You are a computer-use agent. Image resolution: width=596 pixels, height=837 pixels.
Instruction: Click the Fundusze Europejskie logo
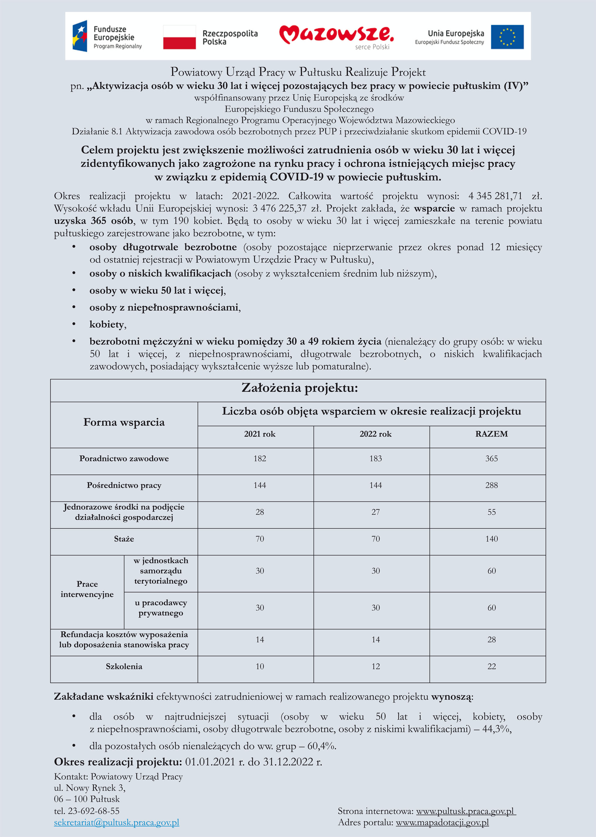(x=107, y=36)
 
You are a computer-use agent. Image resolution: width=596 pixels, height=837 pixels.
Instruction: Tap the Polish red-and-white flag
(x=180, y=37)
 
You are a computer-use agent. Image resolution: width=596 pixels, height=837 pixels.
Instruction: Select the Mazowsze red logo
(x=336, y=36)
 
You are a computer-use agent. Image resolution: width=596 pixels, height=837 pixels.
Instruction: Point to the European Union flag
(x=507, y=37)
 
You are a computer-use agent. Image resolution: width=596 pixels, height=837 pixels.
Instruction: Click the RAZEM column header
(x=492, y=434)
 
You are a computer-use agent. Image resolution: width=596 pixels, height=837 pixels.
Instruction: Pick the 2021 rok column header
(x=259, y=434)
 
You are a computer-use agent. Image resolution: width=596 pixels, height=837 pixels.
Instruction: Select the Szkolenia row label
(x=124, y=666)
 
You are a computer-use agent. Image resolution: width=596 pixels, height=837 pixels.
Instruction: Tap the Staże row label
(x=124, y=539)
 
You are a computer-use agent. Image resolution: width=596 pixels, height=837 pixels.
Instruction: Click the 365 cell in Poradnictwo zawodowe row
(x=492, y=459)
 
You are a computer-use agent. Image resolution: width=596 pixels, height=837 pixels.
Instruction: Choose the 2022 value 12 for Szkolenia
(x=375, y=666)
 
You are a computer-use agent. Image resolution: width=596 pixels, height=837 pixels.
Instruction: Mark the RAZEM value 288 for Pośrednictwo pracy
(x=492, y=485)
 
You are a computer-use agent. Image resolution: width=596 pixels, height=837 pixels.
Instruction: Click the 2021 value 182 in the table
(x=259, y=459)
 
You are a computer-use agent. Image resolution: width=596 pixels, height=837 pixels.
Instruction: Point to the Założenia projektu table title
(x=300, y=388)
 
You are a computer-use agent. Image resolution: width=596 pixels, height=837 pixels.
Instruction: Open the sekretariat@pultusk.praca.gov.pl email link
(x=117, y=822)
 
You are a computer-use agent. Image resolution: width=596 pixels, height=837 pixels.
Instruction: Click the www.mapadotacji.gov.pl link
(x=442, y=822)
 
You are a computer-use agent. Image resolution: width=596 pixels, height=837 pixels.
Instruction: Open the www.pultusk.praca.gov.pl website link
(x=466, y=811)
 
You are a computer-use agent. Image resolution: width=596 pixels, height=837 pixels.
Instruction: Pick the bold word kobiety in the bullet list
(x=107, y=324)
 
